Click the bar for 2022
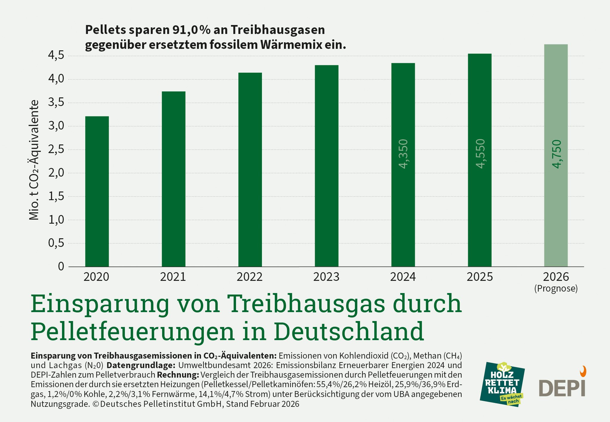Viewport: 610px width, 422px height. pyautogui.click(x=250, y=169)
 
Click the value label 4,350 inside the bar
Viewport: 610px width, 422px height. pyautogui.click(x=403, y=154)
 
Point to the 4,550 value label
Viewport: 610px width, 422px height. pyautogui.click(x=480, y=154)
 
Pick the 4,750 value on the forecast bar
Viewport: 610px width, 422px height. pyautogui.click(x=556, y=154)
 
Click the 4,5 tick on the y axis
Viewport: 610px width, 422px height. pyautogui.click(x=56, y=55)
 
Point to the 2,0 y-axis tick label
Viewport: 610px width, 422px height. pyautogui.click(x=56, y=173)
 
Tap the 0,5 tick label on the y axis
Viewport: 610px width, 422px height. pyautogui.click(x=56, y=243)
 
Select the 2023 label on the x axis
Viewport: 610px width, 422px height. pyautogui.click(x=326, y=277)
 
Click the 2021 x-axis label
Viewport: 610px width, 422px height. pyautogui.click(x=173, y=277)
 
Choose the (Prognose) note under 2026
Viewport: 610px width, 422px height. pyautogui.click(x=556, y=289)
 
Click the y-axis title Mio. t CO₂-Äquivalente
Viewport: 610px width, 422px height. pyautogui.click(x=34, y=160)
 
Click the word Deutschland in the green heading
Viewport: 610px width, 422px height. pyautogui.click(x=349, y=331)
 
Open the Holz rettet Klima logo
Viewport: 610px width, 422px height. pyautogui.click(x=502, y=384)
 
